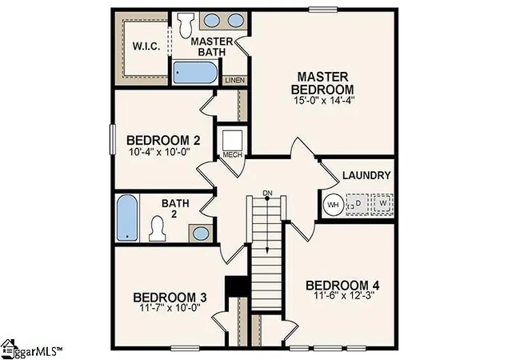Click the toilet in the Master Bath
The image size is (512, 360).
coord(186,25)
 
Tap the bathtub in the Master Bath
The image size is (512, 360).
coord(195,73)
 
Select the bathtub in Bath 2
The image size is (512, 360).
coord(127,218)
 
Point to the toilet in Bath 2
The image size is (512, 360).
coord(158,229)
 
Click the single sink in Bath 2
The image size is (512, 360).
coord(201,234)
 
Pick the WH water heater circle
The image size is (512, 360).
coord(333,205)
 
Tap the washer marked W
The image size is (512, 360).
coord(382,204)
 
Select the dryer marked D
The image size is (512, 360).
coord(358,205)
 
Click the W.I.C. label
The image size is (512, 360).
coord(146,46)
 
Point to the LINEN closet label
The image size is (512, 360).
coord(234,80)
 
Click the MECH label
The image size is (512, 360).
coord(233,154)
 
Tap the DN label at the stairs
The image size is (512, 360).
coord(267,193)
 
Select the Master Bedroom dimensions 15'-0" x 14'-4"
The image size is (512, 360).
coord(322,100)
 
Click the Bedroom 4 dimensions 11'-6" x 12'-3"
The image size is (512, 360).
coord(343,296)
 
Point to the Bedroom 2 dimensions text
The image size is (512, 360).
coord(160,152)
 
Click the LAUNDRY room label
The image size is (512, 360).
coord(366,175)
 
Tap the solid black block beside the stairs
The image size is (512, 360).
coord(237,286)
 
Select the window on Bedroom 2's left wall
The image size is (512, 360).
coord(113,139)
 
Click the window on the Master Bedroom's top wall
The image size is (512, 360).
coord(323,10)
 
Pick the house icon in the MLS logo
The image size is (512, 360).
coord(9,347)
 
